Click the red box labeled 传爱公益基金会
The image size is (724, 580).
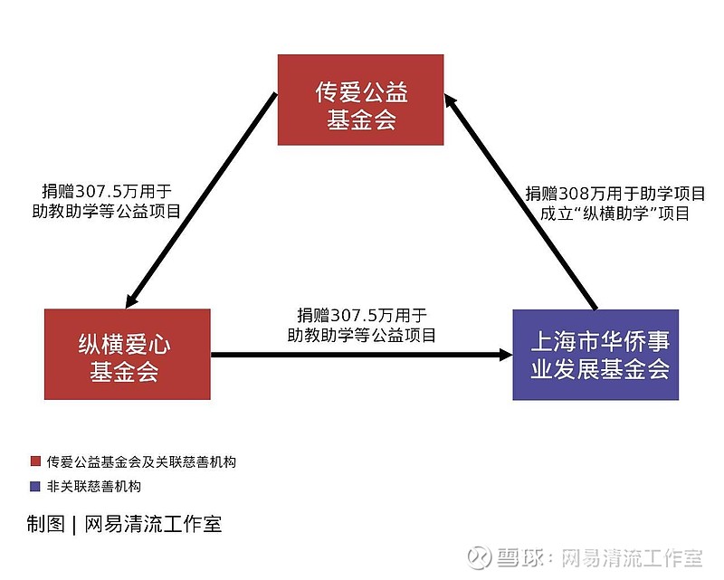click(x=360, y=100)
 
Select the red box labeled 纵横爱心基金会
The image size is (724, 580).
click(x=128, y=354)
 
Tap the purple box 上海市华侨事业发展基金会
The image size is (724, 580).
click(x=595, y=355)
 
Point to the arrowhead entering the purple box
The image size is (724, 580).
click(x=505, y=355)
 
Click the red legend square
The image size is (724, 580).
click(x=35, y=461)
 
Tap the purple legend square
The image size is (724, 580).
click(x=35, y=486)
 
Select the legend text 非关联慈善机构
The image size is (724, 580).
click(x=94, y=486)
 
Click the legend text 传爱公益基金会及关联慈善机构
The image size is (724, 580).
click(x=141, y=461)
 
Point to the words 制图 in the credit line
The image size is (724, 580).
click(x=45, y=524)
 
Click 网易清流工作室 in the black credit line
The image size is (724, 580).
click(x=153, y=524)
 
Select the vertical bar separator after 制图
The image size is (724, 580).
click(x=74, y=525)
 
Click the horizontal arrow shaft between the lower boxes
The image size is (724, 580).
click(x=355, y=355)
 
